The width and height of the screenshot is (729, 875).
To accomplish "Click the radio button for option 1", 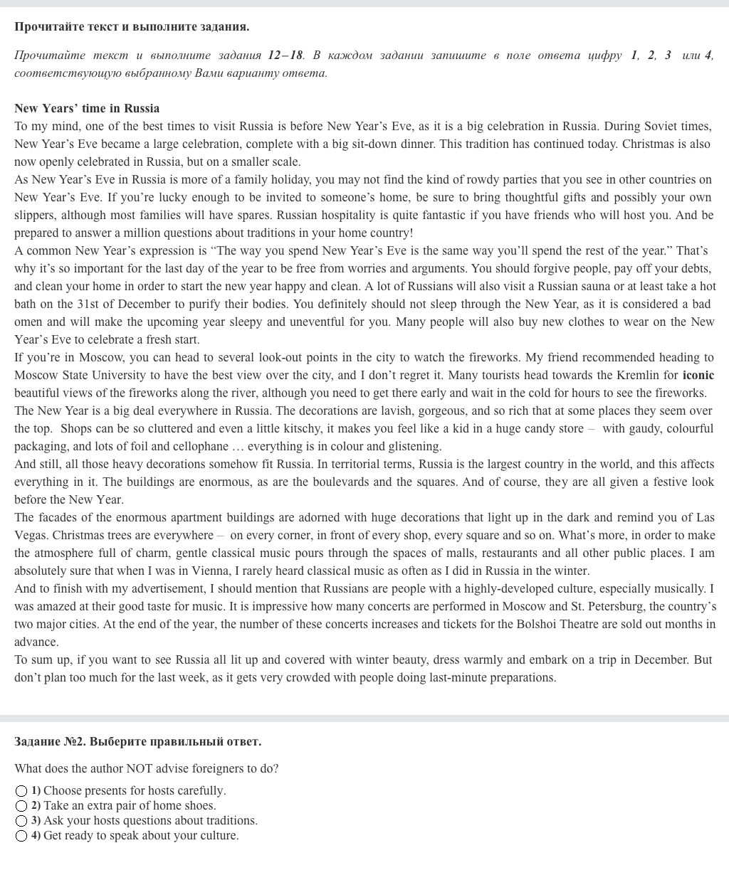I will (21, 791).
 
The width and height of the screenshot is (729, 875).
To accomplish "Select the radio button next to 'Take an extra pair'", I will (21, 806).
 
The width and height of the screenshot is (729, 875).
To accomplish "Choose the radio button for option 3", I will (21, 821).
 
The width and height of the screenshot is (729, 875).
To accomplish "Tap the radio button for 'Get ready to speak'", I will (21, 836).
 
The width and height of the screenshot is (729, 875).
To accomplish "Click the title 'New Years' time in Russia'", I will (87, 109).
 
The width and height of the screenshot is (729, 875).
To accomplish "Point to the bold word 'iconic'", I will (698, 376).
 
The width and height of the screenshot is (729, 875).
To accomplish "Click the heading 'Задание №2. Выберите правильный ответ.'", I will (137, 742).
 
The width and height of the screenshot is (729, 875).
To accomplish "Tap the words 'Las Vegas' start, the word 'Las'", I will (705, 518).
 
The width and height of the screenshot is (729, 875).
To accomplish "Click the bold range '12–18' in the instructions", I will (285, 55).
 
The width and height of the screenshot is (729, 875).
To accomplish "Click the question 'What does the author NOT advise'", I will (146, 769).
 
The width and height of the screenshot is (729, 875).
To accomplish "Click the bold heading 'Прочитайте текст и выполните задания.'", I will (132, 27).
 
